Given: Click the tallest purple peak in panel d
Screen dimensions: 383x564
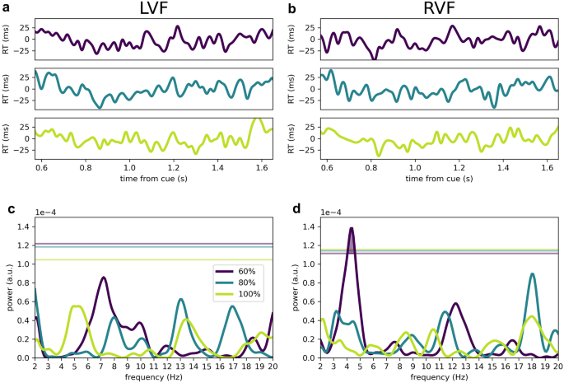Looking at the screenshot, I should [x=352, y=228].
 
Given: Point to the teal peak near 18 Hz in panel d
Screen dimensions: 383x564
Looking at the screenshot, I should [x=533, y=274].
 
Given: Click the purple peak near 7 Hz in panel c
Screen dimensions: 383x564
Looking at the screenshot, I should [x=104, y=278].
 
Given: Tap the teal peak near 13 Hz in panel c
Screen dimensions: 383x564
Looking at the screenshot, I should [x=180, y=300].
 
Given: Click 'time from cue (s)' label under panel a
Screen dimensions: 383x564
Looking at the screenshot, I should [x=153, y=177].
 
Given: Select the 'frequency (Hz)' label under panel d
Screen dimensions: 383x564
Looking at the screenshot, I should [x=437, y=376].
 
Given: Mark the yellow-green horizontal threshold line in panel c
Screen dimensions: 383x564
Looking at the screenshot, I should [x=153, y=259].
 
